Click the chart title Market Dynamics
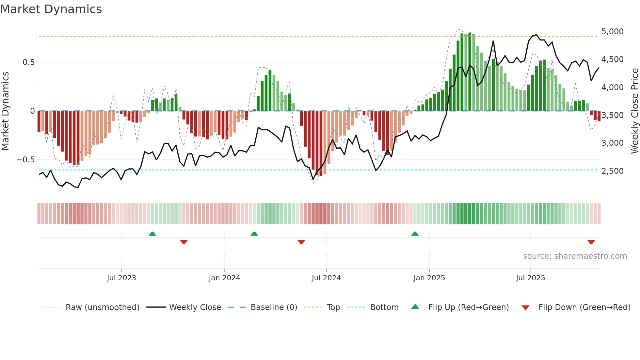tap(51, 9)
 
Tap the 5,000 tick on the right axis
tap(612, 32)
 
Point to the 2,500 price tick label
tap(612, 171)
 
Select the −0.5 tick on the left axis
tap(25, 160)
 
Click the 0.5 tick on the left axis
tap(28, 62)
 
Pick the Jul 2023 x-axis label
tap(121, 278)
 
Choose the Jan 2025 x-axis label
tap(429, 278)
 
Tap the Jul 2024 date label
tap(326, 278)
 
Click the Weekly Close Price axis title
tap(634, 111)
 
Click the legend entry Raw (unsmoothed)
tap(102, 307)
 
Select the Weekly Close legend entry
tap(195, 307)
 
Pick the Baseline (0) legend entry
tap(274, 307)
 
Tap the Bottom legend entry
tap(384, 307)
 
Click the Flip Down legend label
tap(584, 307)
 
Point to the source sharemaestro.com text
tap(575, 256)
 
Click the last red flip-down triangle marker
tap(591, 242)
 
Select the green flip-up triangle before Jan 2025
tap(415, 234)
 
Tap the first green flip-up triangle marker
tap(152, 234)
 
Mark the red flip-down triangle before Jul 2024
tap(301, 242)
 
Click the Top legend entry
tap(333, 307)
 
